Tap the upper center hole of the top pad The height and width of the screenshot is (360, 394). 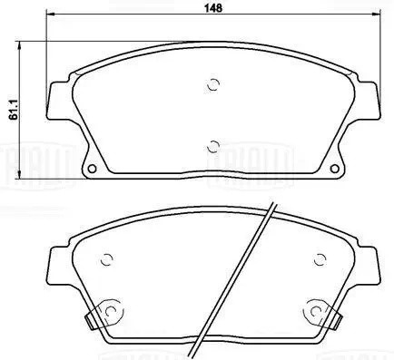tap(214, 85)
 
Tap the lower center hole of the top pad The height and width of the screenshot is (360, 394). tap(214, 144)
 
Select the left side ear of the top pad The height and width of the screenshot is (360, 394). tap(58, 101)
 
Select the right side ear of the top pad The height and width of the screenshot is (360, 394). tap(369, 101)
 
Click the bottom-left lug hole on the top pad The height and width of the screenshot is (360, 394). tap(92, 169)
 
